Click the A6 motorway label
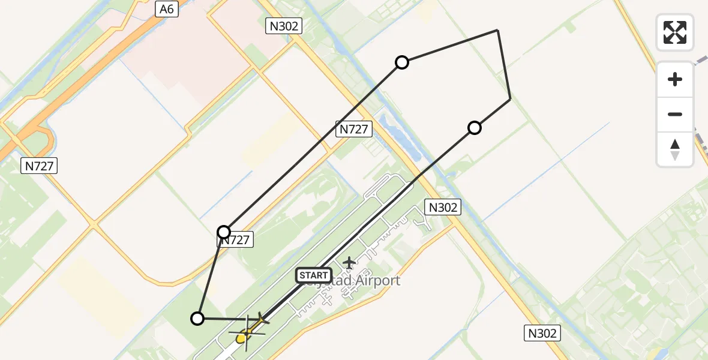pyautogui.click(x=167, y=9)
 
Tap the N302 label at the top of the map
pyautogui.click(x=283, y=26)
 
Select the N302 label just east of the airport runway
pyautogui.click(x=443, y=208)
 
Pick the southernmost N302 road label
pyautogui.click(x=542, y=334)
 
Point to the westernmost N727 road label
pyautogui.click(x=40, y=166)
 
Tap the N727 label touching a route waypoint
pyautogui.click(x=236, y=240)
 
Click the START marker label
pyautogui.click(x=313, y=275)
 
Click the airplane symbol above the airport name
pyautogui.click(x=349, y=263)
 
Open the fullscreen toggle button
pyautogui.click(x=675, y=32)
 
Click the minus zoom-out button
pyautogui.click(x=675, y=115)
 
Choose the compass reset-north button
pyautogui.click(x=675, y=149)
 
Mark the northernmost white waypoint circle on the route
pyautogui.click(x=402, y=62)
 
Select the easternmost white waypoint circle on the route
pyautogui.click(x=475, y=128)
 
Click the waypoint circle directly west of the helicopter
pyautogui.click(x=197, y=319)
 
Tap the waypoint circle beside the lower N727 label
pyautogui.click(x=224, y=232)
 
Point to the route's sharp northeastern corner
pyautogui.click(x=497, y=30)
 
